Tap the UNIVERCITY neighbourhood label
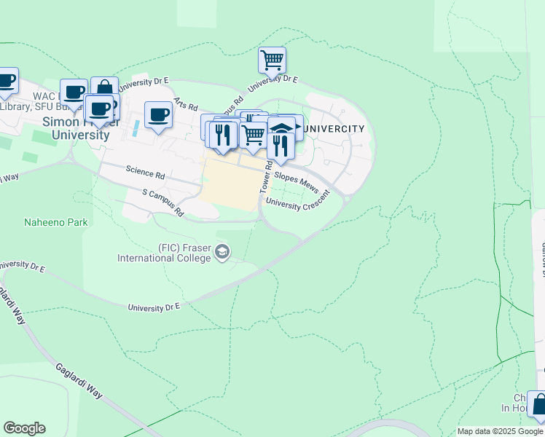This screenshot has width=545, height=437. tap(333, 129)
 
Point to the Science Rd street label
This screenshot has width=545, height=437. tap(145, 173)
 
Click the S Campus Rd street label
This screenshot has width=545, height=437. tap(163, 204)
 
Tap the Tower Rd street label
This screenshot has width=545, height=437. tap(266, 177)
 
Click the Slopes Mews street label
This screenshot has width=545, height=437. tap(297, 182)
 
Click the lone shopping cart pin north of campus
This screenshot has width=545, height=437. tap(272, 60)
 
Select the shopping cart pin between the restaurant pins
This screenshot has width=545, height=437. tap(253, 135)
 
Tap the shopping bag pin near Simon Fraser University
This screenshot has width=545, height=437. tap(104, 89)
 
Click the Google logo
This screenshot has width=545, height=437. tap(24, 428)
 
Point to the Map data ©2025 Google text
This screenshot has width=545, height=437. tap(499, 431)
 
